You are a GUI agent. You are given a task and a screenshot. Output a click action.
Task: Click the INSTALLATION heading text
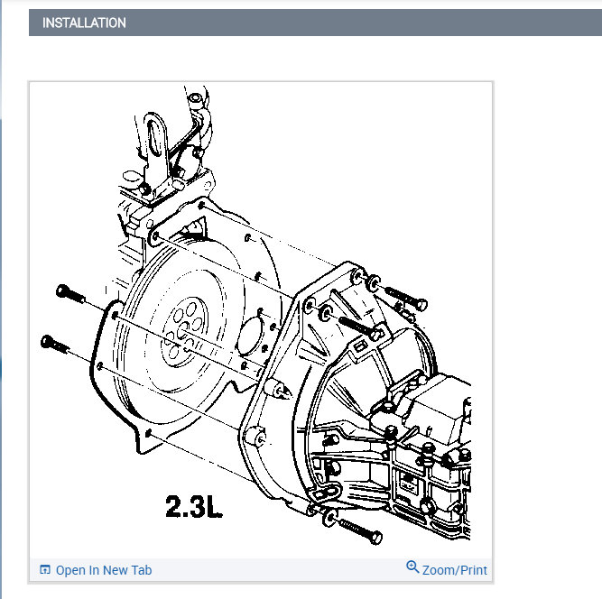pos(84,23)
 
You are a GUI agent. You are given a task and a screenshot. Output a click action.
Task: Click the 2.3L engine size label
pos(193,506)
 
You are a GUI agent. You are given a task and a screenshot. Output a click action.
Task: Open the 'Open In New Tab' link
pos(104,570)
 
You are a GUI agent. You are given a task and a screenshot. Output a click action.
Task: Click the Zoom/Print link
pos(454,570)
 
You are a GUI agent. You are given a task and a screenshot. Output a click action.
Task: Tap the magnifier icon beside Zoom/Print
pos(412,567)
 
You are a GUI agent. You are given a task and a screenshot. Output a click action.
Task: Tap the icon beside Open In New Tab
pos(45,570)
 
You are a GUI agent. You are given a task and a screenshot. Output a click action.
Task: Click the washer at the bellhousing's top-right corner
pos(371,284)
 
